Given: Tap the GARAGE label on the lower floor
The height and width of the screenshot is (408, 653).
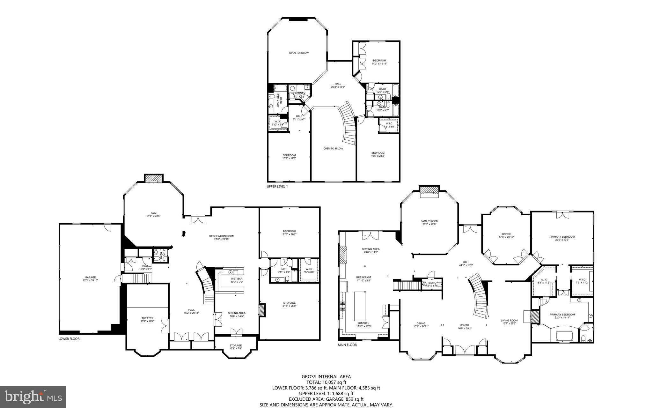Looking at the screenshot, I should (x=90, y=278).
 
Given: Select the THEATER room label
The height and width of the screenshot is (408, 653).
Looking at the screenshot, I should (x=147, y=318).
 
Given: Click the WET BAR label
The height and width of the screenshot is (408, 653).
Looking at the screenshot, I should (x=237, y=279).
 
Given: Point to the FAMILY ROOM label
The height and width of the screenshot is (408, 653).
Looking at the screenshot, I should (x=429, y=221).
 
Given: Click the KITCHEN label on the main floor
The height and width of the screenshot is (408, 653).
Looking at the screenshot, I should (x=364, y=323).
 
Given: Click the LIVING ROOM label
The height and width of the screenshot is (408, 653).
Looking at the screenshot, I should (x=509, y=321).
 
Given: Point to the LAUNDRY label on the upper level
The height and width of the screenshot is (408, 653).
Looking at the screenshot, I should (x=299, y=93).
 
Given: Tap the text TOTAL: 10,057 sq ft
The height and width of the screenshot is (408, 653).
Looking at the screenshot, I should (x=326, y=382).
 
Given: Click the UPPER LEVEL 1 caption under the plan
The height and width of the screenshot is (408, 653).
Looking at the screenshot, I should (x=277, y=186).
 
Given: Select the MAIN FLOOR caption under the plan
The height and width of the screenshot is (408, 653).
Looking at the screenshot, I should (x=347, y=345).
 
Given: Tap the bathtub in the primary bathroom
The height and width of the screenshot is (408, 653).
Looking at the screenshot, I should (x=564, y=336).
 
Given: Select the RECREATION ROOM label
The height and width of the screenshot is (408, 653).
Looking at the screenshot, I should (x=222, y=236).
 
